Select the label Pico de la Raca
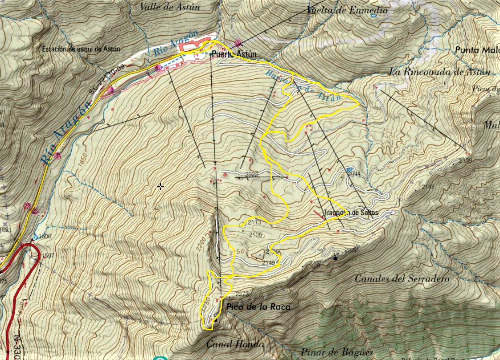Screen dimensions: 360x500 coord(258,307)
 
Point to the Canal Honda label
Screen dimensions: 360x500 coord(235,344)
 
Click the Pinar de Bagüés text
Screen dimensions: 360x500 coord(336,352)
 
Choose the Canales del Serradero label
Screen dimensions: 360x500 coord(402,279)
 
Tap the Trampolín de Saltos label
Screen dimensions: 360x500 coord(351,213)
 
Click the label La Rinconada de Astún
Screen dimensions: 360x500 coord(440,72)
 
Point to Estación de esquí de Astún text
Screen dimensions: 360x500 coord(81,49)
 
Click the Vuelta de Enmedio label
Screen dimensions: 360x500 coord(347,9)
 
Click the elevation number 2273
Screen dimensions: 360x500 coord(242,294)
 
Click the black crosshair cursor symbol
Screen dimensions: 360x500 coord(160,187)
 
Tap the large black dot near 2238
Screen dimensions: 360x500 coord(335,258)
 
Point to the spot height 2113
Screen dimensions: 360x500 coord(254,222)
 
